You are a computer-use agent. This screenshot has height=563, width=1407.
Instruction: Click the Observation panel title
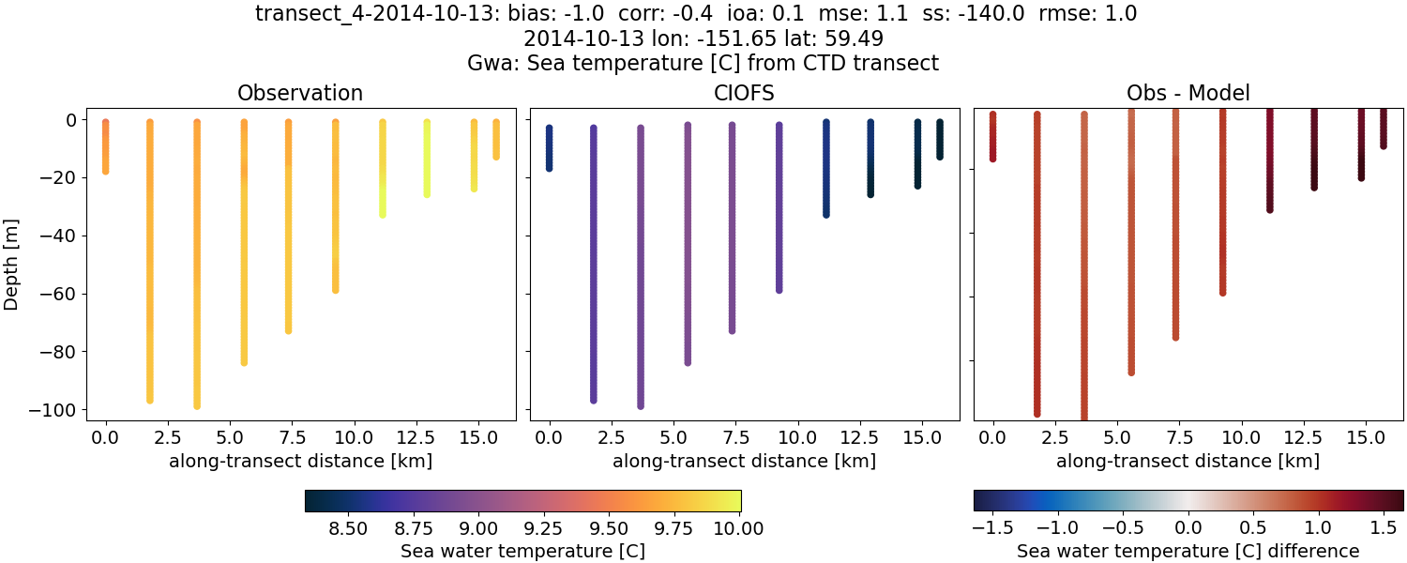(300, 93)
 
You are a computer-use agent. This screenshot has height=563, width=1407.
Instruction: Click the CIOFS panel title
(744, 93)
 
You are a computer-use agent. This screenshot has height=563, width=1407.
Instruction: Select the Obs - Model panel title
(1188, 93)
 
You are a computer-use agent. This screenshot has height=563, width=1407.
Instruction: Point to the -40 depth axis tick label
(61, 236)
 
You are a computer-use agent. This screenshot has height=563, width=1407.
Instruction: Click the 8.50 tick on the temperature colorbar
(348, 528)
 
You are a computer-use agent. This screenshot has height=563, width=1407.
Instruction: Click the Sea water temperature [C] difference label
(1188, 551)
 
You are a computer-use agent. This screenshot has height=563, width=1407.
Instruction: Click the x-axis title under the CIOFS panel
(744, 461)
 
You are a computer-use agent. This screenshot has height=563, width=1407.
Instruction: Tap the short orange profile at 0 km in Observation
(106, 145)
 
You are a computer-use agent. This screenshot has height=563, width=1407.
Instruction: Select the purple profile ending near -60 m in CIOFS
(779, 206)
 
